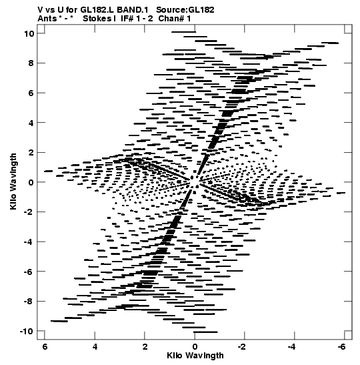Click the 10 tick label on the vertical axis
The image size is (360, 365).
click(x=29, y=34)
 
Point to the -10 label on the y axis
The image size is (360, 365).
click(x=27, y=331)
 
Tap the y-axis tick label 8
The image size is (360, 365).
click(x=31, y=63)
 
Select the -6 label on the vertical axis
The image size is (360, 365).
click(x=29, y=272)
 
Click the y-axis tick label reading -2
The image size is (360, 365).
click(x=29, y=212)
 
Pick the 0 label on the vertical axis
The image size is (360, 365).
click(x=31, y=182)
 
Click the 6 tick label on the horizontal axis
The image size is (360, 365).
click(x=45, y=347)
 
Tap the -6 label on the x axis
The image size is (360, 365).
click(x=342, y=347)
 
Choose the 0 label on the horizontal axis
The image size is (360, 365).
click(x=195, y=347)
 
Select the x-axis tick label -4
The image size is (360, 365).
click(x=292, y=347)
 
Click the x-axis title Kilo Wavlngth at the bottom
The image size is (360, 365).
click(x=195, y=356)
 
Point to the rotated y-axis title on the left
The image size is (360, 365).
click(x=13, y=181)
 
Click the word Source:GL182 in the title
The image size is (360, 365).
click(x=185, y=10)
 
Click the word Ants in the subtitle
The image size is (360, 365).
click(x=47, y=19)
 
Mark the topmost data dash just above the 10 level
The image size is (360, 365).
click(x=184, y=32)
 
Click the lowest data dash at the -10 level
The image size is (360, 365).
click(x=205, y=332)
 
